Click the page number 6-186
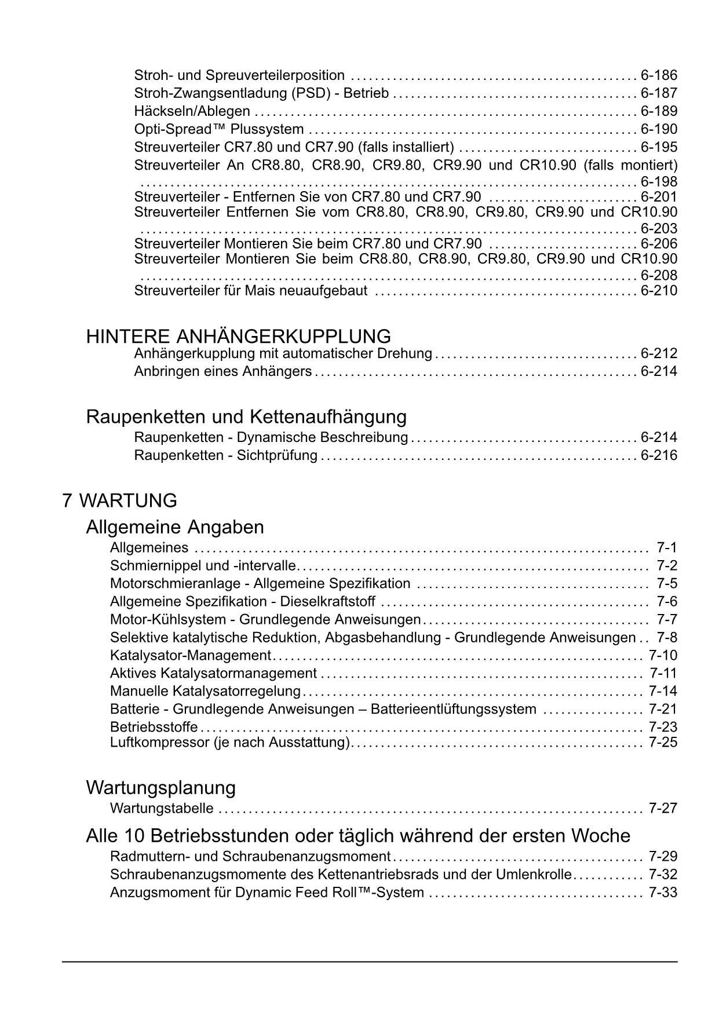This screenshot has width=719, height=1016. click(659, 75)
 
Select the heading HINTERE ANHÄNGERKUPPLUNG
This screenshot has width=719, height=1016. click(238, 337)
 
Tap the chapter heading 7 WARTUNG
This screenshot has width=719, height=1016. click(119, 500)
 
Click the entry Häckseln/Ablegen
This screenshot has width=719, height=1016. click(192, 111)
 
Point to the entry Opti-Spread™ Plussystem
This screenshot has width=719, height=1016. click(219, 129)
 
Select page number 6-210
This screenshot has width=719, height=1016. click(659, 291)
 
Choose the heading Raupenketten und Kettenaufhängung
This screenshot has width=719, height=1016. click(246, 416)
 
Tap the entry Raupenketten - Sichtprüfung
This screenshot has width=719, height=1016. click(225, 455)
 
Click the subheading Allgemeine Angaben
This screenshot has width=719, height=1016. click(174, 527)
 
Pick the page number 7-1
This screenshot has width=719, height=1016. click(666, 548)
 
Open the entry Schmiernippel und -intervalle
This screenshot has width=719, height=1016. click(203, 566)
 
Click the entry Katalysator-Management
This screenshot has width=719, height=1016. click(190, 656)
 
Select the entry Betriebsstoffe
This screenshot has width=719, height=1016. click(154, 727)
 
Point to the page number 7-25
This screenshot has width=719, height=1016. click(663, 743)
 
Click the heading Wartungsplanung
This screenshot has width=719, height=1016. click(160, 788)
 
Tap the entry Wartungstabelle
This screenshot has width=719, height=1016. click(162, 809)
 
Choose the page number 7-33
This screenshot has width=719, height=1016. click(663, 893)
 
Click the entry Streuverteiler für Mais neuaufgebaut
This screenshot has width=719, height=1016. click(250, 291)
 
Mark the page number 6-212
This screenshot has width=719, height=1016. click(659, 353)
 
